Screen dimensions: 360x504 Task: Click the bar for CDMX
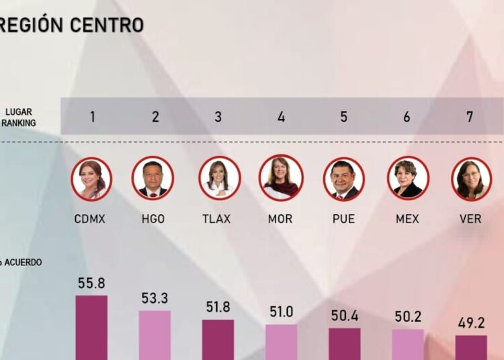tap(91, 327)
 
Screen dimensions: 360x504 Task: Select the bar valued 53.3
tap(155, 334)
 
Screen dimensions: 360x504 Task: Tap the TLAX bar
tap(218, 339)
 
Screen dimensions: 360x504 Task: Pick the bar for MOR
tap(281, 342)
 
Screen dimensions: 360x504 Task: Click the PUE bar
tap(344, 343)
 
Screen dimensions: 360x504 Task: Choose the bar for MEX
tap(408, 344)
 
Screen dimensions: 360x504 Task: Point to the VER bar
tap(471, 347)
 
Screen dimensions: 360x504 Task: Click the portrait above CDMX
tap(91, 179)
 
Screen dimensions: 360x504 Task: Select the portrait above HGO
tap(153, 178)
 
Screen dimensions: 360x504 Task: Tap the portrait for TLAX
tap(219, 178)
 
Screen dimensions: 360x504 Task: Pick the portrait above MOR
tap(281, 178)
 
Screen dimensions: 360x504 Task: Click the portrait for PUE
tap(344, 179)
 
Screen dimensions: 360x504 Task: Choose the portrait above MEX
tap(408, 178)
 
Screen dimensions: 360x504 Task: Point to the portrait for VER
tap(471, 179)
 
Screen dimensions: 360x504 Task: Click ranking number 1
tap(92, 117)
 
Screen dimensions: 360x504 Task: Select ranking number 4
tap(281, 117)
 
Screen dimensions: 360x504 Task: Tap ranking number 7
tap(470, 117)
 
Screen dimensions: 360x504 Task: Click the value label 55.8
tap(91, 283)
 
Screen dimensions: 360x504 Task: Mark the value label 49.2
tap(471, 323)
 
